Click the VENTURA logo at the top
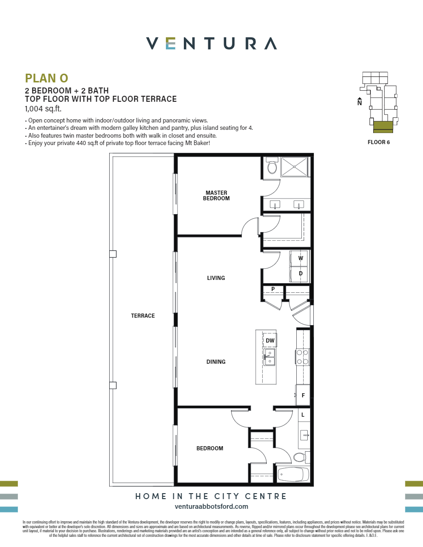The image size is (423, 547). (x=211, y=44)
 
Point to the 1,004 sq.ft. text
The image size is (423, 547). (x=43, y=109)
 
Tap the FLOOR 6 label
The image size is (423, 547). (x=378, y=142)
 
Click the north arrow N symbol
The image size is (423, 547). (x=359, y=102)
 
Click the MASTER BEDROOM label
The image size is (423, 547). (x=216, y=196)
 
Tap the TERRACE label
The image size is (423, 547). (x=143, y=316)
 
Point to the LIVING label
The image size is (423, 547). (x=216, y=278)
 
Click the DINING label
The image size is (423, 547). (x=216, y=362)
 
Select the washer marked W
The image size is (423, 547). (x=300, y=258)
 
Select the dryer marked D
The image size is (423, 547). (x=300, y=273)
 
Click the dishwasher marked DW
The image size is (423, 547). (x=270, y=341)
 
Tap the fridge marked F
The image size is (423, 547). (x=303, y=396)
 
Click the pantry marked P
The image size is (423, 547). (x=273, y=289)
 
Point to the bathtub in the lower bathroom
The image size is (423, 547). (x=294, y=474)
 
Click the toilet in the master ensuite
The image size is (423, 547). (x=272, y=167)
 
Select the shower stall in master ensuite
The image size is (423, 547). (x=294, y=167)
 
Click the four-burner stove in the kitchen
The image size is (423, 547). (x=302, y=357)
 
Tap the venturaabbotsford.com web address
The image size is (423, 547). (x=211, y=506)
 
